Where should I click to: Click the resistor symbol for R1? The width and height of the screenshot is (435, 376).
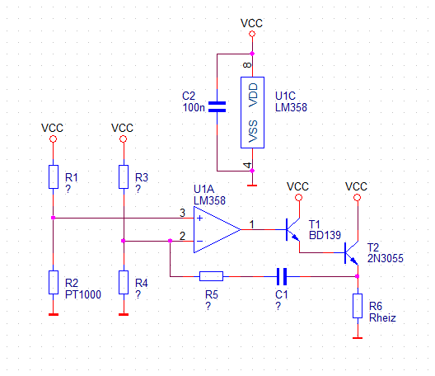tap(54, 177)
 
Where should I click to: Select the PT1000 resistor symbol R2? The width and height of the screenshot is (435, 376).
tap(54, 283)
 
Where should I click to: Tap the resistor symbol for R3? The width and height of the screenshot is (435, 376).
tap(124, 177)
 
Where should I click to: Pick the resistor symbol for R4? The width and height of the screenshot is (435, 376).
tap(124, 283)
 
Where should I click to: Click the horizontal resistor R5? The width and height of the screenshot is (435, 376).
tap(211, 276)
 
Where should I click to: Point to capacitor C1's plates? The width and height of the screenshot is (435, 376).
tap(282, 276)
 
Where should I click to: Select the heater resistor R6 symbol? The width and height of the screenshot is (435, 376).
tap(358, 306)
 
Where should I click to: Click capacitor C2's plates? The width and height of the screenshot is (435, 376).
tap(217, 107)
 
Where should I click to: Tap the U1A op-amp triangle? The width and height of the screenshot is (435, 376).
tap(217, 230)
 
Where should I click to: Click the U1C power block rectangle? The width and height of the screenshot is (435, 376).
tap(252, 112)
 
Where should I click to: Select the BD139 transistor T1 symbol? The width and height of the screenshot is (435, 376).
tap(292, 230)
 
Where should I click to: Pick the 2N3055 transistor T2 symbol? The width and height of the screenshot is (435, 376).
tap(351, 252)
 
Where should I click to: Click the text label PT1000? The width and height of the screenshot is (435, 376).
tap(83, 294)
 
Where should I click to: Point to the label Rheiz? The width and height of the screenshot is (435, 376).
tap(382, 317)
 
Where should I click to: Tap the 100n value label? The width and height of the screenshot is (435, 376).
tap(194, 107)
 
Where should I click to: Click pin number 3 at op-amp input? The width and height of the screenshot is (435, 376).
tap(182, 213)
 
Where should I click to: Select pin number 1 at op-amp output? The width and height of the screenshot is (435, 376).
tap(251, 224)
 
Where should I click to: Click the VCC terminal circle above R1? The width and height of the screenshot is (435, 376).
tap(54, 139)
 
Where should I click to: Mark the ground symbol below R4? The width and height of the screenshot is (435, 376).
tap(124, 315)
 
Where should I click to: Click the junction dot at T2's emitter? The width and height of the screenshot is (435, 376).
tap(358, 276)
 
